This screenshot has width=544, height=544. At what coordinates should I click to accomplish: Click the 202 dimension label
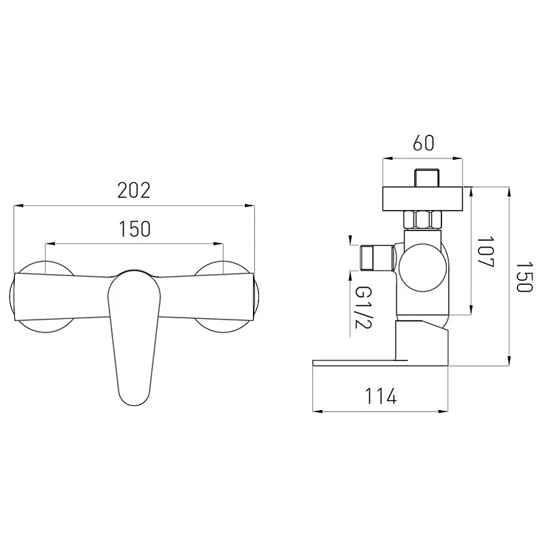[134, 190]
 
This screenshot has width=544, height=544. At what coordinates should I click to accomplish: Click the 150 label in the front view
[135, 228]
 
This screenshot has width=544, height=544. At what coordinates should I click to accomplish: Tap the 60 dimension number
[423, 143]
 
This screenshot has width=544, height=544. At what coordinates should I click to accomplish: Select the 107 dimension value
[485, 252]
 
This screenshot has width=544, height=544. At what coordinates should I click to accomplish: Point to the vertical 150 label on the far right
[524, 277]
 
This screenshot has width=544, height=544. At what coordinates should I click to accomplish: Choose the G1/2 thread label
[364, 308]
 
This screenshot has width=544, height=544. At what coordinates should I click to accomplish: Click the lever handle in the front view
[135, 337]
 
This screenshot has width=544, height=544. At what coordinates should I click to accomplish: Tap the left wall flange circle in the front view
[41, 296]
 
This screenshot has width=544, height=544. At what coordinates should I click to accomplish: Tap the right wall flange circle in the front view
[226, 296]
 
